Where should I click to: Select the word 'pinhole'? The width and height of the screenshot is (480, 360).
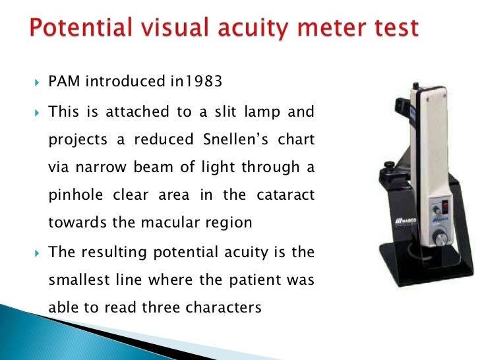(73, 195)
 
